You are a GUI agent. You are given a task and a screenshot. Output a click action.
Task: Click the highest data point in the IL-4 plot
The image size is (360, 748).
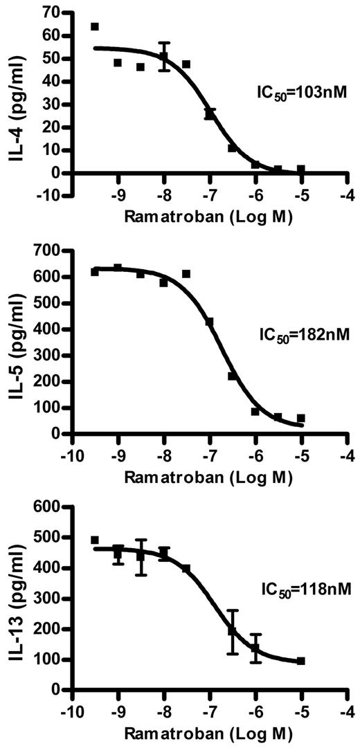point(95,27)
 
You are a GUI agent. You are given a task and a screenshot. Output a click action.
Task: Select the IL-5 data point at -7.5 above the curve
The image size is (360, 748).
point(186,274)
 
